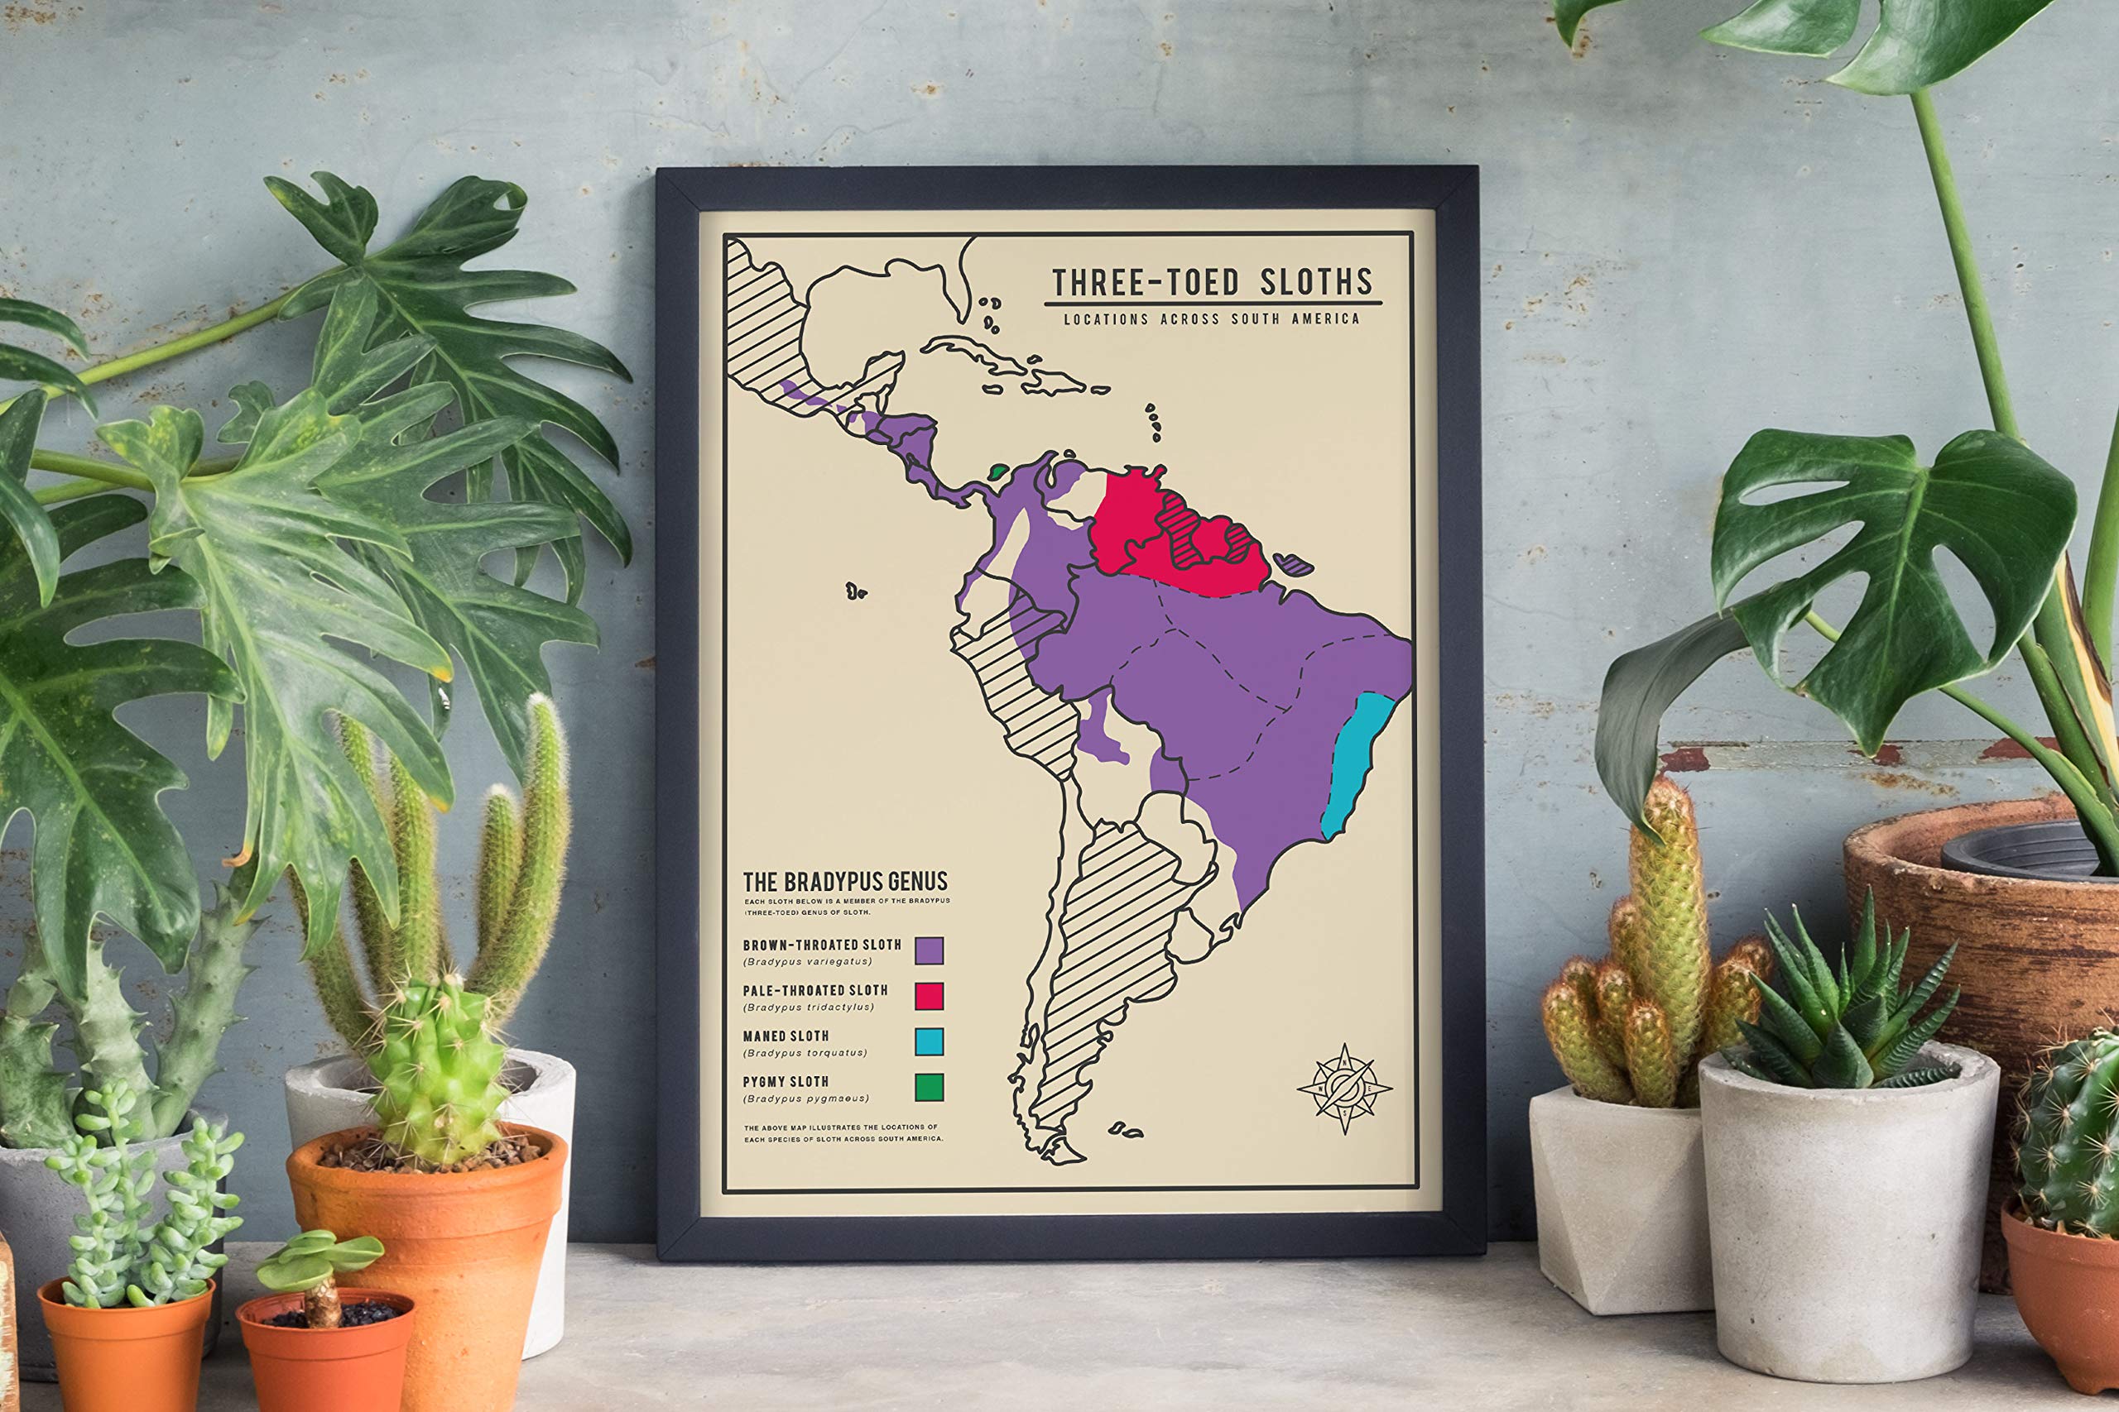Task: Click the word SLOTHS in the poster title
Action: (x=1314, y=283)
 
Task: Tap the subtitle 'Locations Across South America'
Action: (x=1211, y=318)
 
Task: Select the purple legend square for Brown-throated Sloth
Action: (x=929, y=950)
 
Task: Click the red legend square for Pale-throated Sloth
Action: (x=929, y=996)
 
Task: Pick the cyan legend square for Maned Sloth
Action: (x=929, y=1041)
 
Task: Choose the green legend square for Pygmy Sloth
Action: (x=929, y=1087)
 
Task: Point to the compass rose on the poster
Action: (x=1344, y=1088)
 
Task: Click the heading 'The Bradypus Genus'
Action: (x=844, y=882)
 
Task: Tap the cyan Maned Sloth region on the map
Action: (x=1357, y=765)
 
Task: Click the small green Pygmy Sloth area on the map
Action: (x=997, y=471)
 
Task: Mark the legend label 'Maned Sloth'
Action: (x=786, y=1036)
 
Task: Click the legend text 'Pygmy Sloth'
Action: (x=786, y=1081)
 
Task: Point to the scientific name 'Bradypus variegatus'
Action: (x=807, y=962)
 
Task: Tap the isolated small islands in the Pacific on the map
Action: (x=856, y=591)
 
